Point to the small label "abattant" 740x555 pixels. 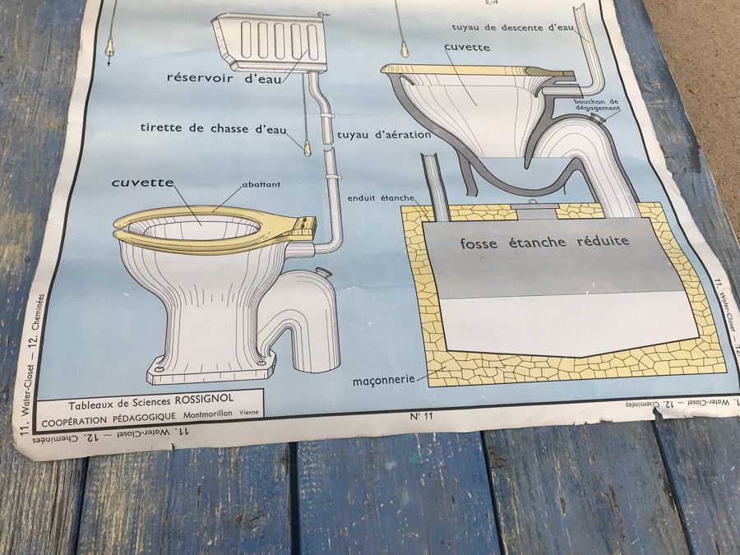tap(262, 186)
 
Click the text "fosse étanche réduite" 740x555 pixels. tap(544, 242)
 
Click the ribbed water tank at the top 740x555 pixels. tap(266, 42)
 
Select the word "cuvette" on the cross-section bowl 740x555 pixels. tap(467, 47)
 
